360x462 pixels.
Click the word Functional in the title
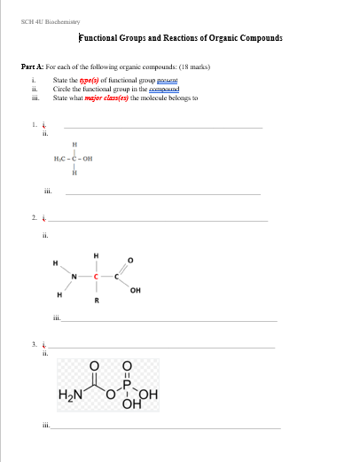[104, 39]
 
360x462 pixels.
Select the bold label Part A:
[33, 67]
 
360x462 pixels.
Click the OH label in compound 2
[134, 290]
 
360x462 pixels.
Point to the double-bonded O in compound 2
[134, 260]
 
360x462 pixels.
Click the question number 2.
[33, 216]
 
